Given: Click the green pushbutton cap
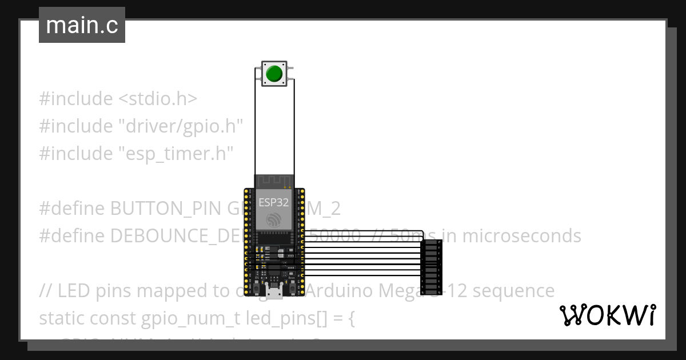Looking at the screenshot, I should [274, 74].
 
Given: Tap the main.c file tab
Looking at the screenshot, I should [82, 26].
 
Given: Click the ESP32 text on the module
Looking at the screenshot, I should [274, 202].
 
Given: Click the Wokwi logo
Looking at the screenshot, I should [607, 315].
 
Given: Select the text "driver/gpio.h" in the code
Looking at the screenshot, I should [180, 126].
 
